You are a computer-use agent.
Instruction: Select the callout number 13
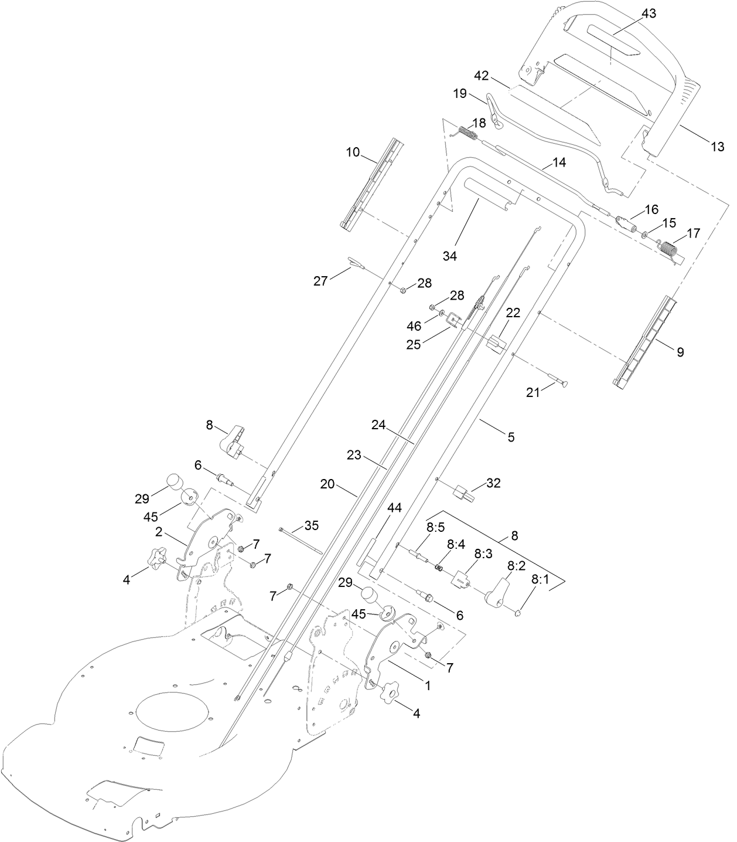[717, 147]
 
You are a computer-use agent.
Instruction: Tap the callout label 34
[450, 256]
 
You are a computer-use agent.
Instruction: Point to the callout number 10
[353, 152]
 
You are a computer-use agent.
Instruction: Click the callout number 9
[680, 352]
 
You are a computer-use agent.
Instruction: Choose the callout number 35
[312, 525]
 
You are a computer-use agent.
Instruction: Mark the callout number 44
[395, 508]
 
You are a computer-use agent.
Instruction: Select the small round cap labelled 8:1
[518, 613]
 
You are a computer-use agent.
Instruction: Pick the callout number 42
[481, 76]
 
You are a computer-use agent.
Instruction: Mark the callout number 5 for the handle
[511, 437]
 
